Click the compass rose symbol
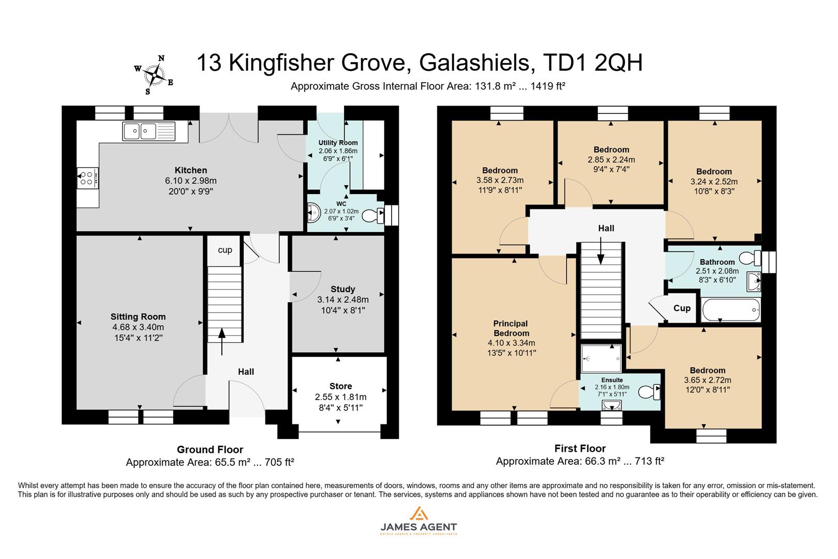(x=154, y=76)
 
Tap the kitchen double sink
(x=148, y=131)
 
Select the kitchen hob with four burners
(x=87, y=178)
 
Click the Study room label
(x=342, y=289)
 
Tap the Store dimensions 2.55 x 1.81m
(x=340, y=397)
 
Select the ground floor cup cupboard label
(x=225, y=250)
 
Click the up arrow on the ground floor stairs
(x=222, y=342)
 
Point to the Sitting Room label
(x=138, y=317)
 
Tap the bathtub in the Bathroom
(x=730, y=311)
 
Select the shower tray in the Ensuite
(x=601, y=359)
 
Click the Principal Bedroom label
(x=511, y=328)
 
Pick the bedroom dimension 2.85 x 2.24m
(x=611, y=160)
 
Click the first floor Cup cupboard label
(x=682, y=308)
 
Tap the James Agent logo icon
(x=418, y=513)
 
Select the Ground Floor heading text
(x=209, y=449)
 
